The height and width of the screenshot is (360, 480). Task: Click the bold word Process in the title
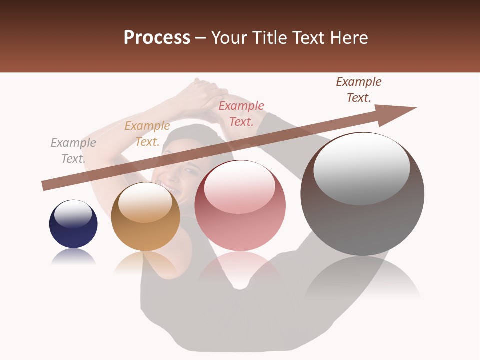point(157,38)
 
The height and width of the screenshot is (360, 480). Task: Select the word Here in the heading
point(350,38)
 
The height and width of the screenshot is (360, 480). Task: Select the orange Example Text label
point(147,134)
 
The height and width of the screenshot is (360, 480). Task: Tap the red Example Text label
point(241,114)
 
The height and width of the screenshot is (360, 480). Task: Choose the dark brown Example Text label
point(359,90)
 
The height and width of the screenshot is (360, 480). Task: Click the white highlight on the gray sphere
point(361,168)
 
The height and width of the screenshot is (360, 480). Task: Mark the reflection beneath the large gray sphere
point(362,280)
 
